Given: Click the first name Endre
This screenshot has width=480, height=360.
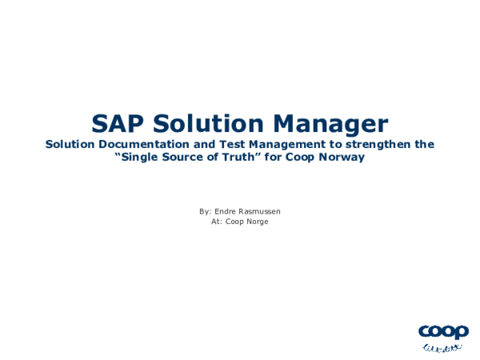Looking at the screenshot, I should (228, 211).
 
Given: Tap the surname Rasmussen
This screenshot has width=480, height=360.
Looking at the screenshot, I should (262, 211).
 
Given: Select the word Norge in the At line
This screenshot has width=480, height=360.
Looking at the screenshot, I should (257, 222).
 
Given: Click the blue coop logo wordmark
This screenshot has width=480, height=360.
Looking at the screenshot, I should (443, 331).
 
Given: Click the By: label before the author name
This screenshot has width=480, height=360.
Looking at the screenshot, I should (206, 211).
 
